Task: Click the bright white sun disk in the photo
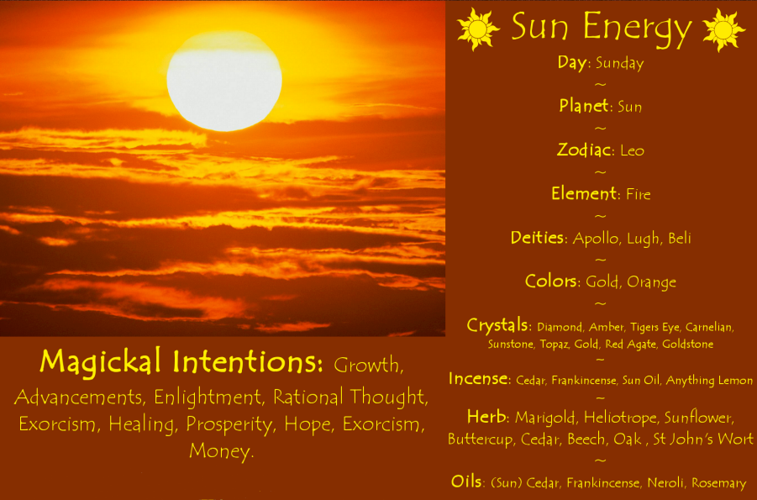coord(223,80)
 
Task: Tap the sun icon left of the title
coord(478,29)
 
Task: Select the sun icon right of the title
coord(723,29)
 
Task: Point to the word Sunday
coord(619,64)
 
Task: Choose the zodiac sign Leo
coord(632,151)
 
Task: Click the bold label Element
coord(585,194)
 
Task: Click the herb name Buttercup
coord(480,439)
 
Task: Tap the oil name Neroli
coord(666,483)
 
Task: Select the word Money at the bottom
coord(221,451)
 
